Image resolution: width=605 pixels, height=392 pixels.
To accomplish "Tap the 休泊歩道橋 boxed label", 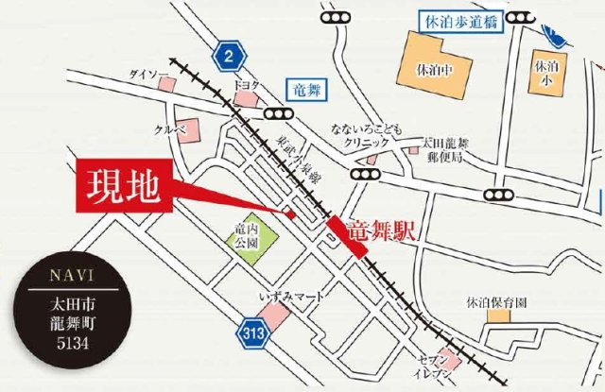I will pos(458,19).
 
